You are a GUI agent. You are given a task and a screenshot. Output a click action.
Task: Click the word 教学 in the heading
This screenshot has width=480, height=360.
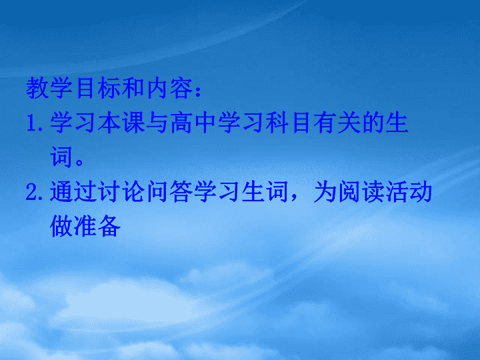(x=50, y=88)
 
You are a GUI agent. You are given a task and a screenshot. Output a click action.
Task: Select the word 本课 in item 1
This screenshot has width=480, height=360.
(x=121, y=123)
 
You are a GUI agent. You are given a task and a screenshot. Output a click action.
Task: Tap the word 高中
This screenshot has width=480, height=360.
(x=193, y=123)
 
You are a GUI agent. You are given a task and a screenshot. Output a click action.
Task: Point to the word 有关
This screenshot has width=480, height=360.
(x=337, y=123)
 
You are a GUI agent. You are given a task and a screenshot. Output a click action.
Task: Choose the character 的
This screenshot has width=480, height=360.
(x=373, y=123)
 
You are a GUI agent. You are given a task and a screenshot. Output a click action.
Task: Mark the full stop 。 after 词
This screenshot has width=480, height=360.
(x=79, y=161)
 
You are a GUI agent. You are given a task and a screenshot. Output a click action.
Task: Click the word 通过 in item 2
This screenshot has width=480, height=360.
(x=74, y=191)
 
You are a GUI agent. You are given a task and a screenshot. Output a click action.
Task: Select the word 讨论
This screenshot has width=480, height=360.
(x=121, y=191)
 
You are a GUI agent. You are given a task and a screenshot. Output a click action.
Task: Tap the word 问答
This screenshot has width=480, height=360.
(x=169, y=191)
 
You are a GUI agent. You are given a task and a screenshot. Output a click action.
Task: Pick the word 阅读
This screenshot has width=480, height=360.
(x=361, y=191)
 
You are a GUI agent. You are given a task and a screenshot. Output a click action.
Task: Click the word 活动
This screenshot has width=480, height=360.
(x=409, y=191)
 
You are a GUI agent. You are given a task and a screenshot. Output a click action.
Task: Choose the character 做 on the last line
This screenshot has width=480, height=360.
(x=61, y=226)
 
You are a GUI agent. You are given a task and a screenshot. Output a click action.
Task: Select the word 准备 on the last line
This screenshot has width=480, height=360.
(x=97, y=226)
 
